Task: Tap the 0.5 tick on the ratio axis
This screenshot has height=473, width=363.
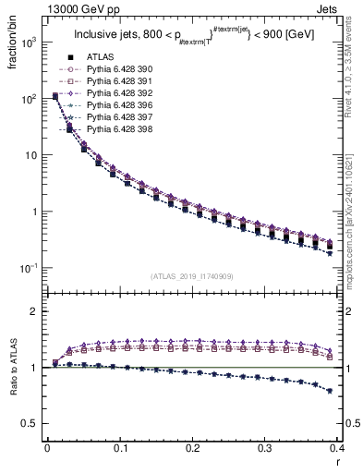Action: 32,423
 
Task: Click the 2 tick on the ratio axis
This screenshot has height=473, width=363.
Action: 37,311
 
